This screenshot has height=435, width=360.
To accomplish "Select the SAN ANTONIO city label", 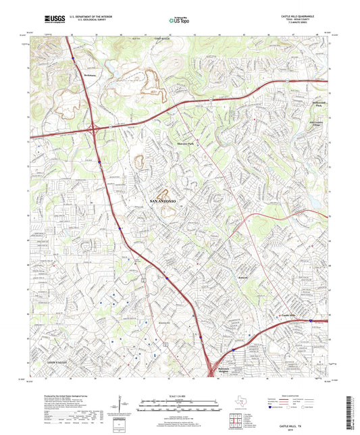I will click(x=161, y=202).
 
